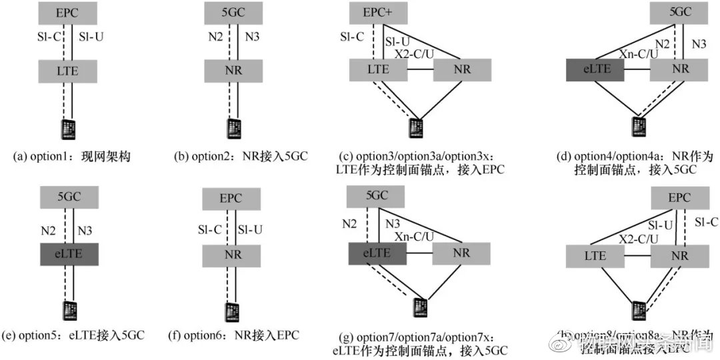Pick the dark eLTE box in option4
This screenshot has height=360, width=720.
click(595, 70)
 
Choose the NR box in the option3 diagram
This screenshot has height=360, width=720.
click(462, 70)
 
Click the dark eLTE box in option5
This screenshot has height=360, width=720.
click(69, 254)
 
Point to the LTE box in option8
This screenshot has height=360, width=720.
click(595, 255)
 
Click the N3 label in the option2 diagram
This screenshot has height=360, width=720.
click(252, 38)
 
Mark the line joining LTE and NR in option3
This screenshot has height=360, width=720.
click(420, 70)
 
